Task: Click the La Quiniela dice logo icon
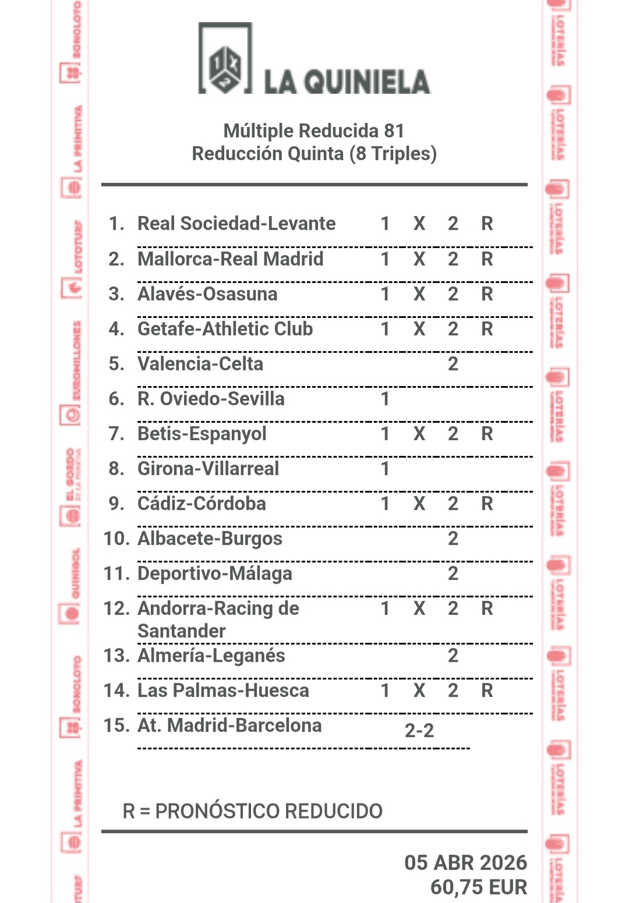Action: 225,60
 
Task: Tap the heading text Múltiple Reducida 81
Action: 314,130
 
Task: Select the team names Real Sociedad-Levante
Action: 236,224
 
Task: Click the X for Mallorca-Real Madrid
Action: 419,259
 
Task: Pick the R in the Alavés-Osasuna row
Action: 487,294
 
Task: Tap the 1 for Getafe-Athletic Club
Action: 385,329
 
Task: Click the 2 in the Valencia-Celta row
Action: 453,364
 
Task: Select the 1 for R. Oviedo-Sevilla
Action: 385,399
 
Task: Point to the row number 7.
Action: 116,434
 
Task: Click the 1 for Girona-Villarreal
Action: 385,469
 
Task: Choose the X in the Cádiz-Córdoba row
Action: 419,504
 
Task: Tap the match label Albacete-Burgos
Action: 210,539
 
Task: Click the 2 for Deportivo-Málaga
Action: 453,573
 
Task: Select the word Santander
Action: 181,631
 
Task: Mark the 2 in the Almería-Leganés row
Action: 453,656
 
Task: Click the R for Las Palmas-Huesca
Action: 487,690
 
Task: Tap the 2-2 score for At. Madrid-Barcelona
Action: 419,731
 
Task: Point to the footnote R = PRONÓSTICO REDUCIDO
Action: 252,811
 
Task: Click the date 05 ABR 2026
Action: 465,862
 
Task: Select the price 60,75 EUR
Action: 478,887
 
